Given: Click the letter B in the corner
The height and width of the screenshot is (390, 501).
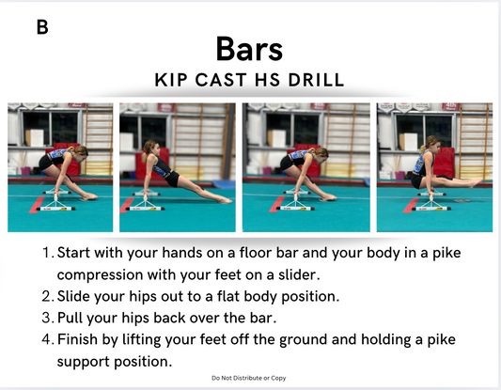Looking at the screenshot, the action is tap(42, 27).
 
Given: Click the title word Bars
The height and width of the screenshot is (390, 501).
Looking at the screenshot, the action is tap(249, 49).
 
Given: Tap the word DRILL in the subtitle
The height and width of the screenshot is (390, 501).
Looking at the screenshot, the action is tap(316, 80).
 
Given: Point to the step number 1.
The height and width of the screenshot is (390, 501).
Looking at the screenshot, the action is tap(47, 253).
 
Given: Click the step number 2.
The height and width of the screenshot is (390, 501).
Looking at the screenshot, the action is tap(47, 296).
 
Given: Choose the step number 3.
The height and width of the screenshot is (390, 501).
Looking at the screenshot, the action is tap(47, 318).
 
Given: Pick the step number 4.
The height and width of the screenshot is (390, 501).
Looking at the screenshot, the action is tap(47, 339).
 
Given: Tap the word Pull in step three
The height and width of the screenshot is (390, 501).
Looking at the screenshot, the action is tap(70, 318).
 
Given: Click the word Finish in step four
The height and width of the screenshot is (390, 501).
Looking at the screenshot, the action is tap(77, 339).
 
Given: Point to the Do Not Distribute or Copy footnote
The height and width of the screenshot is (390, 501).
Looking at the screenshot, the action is tap(249, 378).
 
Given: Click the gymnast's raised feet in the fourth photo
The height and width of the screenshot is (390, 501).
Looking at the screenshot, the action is tap(475, 183).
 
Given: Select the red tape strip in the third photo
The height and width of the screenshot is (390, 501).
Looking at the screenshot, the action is tap(276, 205).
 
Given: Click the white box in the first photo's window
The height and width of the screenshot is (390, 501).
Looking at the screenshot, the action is tap(34, 138).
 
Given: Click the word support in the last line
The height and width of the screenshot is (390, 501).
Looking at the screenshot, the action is tap(84, 362).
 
